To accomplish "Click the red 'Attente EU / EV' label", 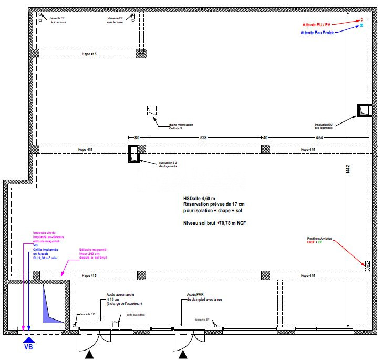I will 316,25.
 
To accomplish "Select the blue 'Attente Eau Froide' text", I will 317,33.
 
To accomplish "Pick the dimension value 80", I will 136,138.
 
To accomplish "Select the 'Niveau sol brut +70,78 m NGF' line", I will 214,223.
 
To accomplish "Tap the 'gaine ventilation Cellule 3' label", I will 181,126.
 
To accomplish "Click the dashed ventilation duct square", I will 152,110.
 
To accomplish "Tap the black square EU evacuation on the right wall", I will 365,110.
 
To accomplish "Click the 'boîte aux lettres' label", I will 136,315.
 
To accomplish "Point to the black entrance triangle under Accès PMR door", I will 183,356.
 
